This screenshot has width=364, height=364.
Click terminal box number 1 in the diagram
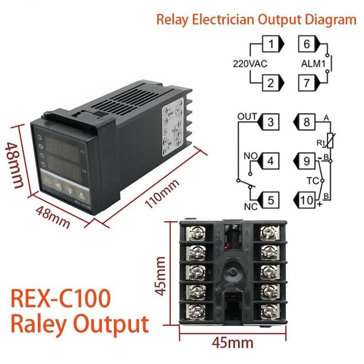point(272,45)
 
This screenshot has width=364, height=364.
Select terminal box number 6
point(307,45)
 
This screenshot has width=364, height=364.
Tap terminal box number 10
point(307,199)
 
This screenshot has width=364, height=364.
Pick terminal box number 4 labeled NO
point(270,161)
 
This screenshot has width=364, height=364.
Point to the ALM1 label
point(313,64)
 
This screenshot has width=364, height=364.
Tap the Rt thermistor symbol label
point(320,143)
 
